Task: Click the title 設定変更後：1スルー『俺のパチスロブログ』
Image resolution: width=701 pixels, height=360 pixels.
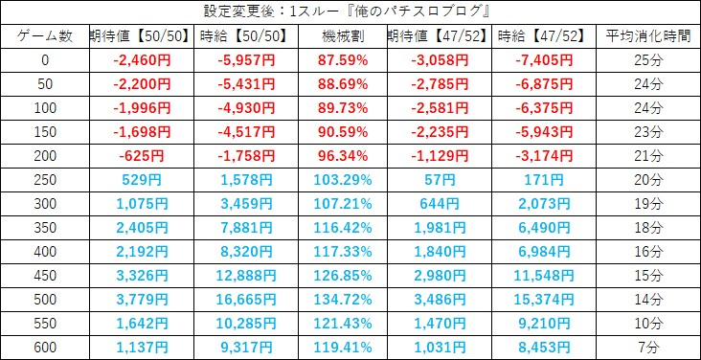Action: pos(347,12)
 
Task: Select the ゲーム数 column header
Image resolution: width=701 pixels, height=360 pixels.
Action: pos(45,36)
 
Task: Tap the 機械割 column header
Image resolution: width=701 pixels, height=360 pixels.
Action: pos(343,36)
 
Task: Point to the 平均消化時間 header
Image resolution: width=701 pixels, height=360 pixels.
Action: pos(648,36)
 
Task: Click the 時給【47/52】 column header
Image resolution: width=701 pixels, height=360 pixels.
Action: pos(544,36)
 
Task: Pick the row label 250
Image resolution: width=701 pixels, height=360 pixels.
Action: pos(45,180)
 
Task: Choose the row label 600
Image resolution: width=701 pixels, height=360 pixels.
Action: pos(45,348)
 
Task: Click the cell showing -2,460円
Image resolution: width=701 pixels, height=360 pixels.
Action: pos(142,60)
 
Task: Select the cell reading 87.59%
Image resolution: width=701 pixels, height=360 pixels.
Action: pos(343,60)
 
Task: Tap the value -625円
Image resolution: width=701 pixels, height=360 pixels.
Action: pos(142,156)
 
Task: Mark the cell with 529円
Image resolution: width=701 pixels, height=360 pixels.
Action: pos(142,180)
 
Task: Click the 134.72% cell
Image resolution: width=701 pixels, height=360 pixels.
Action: pos(343,300)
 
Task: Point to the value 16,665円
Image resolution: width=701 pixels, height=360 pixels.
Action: pos(246,300)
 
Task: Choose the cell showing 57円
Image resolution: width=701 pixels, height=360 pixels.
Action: pos(439,180)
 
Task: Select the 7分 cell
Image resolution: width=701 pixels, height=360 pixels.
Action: pos(648,348)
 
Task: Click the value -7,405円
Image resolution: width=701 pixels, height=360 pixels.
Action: pos(544,60)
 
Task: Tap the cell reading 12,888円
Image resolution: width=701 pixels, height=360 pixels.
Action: pos(246,276)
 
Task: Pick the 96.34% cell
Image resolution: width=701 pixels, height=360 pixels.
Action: pos(343,156)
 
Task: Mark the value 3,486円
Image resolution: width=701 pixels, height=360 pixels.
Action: pos(439,300)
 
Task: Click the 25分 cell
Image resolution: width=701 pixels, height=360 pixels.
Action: pos(648,60)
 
